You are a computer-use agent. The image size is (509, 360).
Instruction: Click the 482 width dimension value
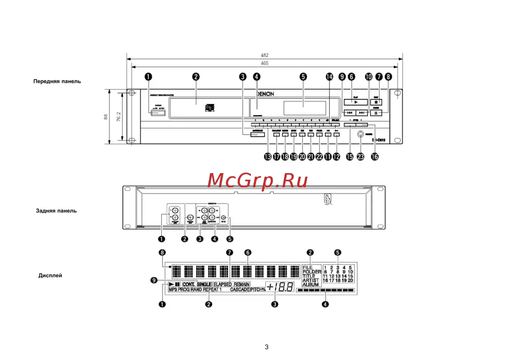coord(265,55)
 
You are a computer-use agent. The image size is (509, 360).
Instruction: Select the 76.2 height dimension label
coord(119,118)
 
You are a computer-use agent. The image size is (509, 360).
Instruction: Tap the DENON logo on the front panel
coord(264,94)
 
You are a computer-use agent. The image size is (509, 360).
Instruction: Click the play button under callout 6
coord(356,102)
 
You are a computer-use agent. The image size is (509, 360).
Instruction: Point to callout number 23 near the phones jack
coord(361,157)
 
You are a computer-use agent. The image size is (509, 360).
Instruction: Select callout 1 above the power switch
coord(149,77)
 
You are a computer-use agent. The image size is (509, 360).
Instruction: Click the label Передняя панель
coord(57,81)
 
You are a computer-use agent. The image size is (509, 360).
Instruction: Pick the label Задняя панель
coord(56,210)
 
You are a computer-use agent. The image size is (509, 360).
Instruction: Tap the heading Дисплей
coord(50,275)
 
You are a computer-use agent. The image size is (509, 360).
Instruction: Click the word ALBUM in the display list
coord(310,285)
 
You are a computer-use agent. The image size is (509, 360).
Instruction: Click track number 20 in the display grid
coord(350,281)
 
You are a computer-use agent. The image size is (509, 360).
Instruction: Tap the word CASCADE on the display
coord(239,289)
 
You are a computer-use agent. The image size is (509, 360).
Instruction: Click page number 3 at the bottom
coord(266,347)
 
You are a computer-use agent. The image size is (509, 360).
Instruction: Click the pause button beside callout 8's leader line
coord(376,113)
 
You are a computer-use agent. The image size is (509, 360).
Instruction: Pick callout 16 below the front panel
coord(375,157)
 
